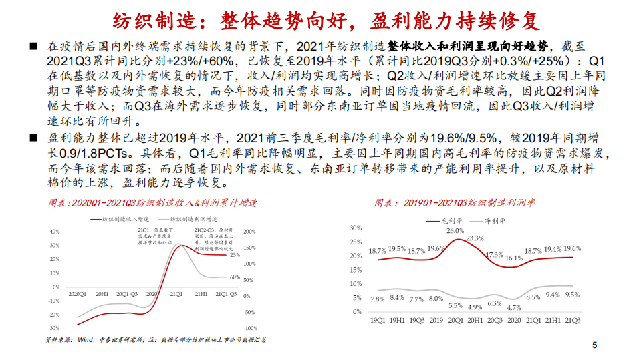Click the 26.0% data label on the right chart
[x=455, y=231]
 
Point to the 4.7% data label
[x=514, y=307]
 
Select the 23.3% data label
[x=475, y=238]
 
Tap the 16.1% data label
[x=514, y=258]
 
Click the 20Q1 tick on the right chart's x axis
[x=455, y=320]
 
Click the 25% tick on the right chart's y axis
[x=356, y=242]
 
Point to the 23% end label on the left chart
[x=235, y=255]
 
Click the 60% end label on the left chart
[x=235, y=277]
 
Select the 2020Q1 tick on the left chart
[x=80, y=293]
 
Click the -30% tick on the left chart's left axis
[x=55, y=328]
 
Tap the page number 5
[x=594, y=345]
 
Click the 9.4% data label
[x=552, y=294]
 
